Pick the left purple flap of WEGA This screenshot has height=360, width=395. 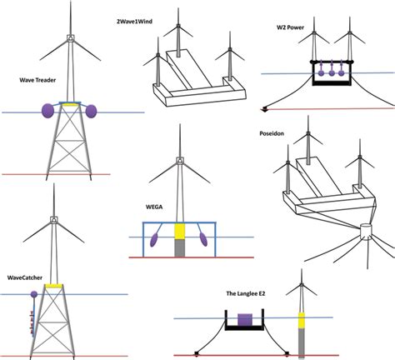(154, 241)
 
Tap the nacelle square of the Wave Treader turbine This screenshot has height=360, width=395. (72, 38)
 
